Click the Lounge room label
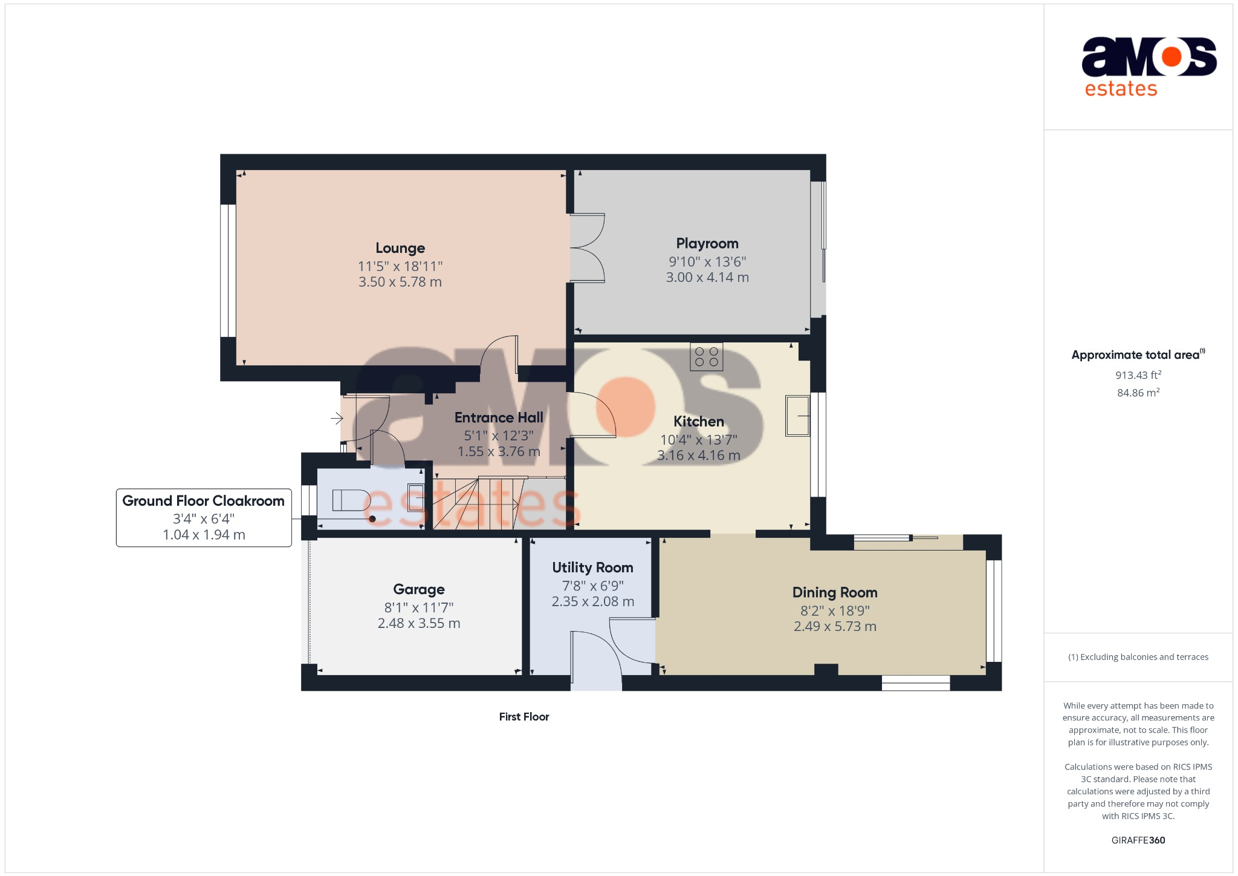point(400,248)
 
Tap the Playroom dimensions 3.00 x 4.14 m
point(707,278)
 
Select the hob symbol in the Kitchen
point(706,356)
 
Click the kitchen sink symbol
point(797,416)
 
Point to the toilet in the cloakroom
point(351,501)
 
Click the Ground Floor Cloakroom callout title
point(203,501)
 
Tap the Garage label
point(418,589)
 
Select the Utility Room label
point(592,567)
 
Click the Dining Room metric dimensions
point(834,627)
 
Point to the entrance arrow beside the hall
point(337,417)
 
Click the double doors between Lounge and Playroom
point(587,248)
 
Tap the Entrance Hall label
point(498,417)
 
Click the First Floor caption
point(523,717)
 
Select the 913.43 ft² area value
point(1138,375)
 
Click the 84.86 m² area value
point(1138,393)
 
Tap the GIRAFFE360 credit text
point(1138,840)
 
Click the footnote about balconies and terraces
point(1138,657)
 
